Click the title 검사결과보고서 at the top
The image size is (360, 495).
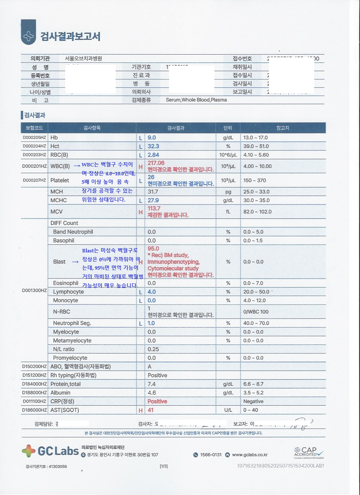(70, 36)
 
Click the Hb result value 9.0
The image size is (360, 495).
(152, 138)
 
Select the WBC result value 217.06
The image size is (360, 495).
(156, 163)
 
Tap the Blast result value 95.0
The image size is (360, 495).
(153, 249)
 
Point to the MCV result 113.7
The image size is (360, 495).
(154, 209)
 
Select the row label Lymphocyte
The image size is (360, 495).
(68, 292)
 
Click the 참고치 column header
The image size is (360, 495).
(282, 128)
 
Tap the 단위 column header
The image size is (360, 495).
(228, 128)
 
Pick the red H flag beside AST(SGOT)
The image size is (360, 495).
(141, 410)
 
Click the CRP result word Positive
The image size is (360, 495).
(157, 401)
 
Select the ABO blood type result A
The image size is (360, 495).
(150, 367)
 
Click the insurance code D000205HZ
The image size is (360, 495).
(34, 138)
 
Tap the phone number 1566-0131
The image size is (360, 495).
(210, 455)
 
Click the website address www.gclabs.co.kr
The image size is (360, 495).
(249, 455)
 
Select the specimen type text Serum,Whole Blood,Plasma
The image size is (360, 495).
(190, 100)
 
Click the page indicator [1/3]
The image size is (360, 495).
(163, 466)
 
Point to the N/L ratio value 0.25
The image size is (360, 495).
(153, 349)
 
